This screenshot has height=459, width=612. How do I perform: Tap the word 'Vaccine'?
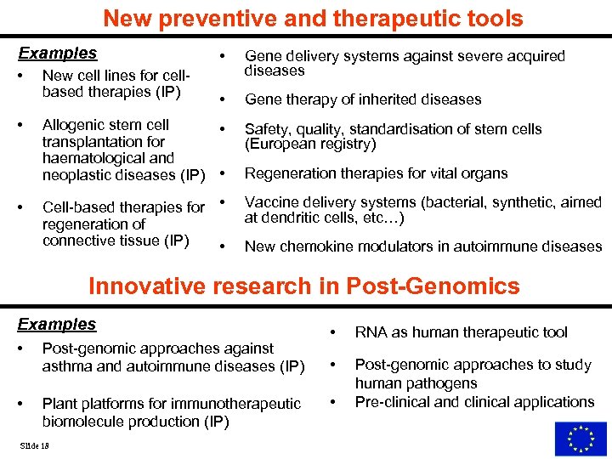pyautogui.click(x=271, y=202)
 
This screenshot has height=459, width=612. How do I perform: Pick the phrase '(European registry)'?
pyautogui.click(x=310, y=144)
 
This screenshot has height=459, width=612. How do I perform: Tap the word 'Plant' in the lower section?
pyautogui.click(x=59, y=404)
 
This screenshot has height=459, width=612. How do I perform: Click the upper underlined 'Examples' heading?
pyautogui.click(x=58, y=54)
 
